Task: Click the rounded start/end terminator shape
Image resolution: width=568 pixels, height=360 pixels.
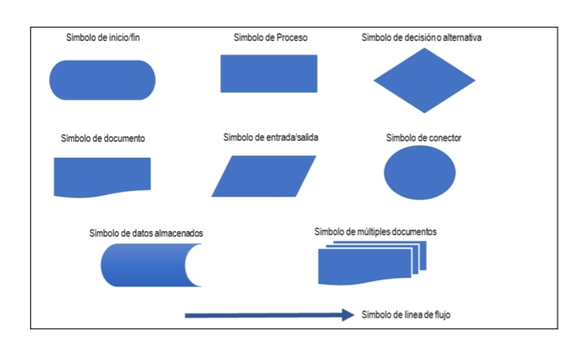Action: tap(102, 80)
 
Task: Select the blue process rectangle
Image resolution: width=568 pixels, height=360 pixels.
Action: tap(269, 73)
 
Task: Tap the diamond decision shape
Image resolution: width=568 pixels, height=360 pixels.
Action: tap(424, 81)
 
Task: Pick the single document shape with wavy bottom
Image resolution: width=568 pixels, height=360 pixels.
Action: tap(102, 177)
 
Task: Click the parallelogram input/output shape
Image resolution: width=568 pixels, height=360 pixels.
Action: tap(263, 176)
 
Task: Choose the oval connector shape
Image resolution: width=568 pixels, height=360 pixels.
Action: tap(420, 173)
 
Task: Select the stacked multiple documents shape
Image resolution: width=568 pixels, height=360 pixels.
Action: tap(372, 263)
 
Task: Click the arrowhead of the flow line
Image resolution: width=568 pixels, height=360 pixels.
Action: tap(349, 315)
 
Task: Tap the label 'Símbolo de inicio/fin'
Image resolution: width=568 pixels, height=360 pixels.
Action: tap(103, 37)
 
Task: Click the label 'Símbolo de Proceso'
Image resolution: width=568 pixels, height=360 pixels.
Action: tap(271, 37)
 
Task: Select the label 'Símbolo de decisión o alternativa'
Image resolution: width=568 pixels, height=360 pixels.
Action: tap(421, 37)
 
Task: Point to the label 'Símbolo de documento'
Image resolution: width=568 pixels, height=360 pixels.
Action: tap(103, 138)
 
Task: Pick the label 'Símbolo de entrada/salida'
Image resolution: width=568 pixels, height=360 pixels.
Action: tap(271, 137)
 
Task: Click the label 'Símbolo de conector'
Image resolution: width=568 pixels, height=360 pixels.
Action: tap(424, 138)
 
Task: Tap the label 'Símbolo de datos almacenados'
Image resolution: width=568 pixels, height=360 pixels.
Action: tap(146, 233)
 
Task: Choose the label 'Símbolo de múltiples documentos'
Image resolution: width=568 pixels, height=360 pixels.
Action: tap(376, 231)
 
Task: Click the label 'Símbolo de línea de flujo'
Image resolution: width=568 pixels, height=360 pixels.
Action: tap(405, 315)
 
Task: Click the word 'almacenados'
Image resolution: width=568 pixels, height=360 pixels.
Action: tap(178, 233)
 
